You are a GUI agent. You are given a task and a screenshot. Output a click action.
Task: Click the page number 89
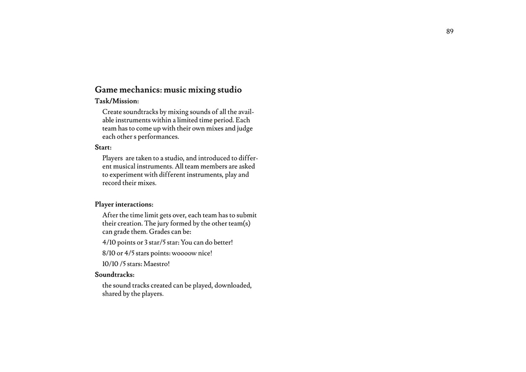click(450, 32)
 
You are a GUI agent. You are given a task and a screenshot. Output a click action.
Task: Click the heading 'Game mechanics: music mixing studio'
click(168, 90)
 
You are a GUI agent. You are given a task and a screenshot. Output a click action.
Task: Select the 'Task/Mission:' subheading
click(117, 101)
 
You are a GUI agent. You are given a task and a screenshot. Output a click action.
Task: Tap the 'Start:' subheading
click(103, 147)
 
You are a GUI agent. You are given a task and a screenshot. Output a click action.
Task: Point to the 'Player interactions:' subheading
click(124, 204)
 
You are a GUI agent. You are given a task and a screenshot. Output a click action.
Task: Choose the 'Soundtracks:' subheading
click(115, 275)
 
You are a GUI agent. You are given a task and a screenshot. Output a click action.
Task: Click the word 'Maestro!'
click(157, 264)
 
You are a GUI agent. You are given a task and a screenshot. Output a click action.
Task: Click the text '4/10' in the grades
click(109, 243)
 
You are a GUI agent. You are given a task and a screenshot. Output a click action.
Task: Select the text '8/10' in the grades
click(109, 253)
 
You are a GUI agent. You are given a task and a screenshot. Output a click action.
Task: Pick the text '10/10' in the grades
click(110, 264)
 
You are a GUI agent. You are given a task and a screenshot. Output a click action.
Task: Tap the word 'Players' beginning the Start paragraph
click(113, 158)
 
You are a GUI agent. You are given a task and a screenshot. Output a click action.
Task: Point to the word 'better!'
click(223, 243)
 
